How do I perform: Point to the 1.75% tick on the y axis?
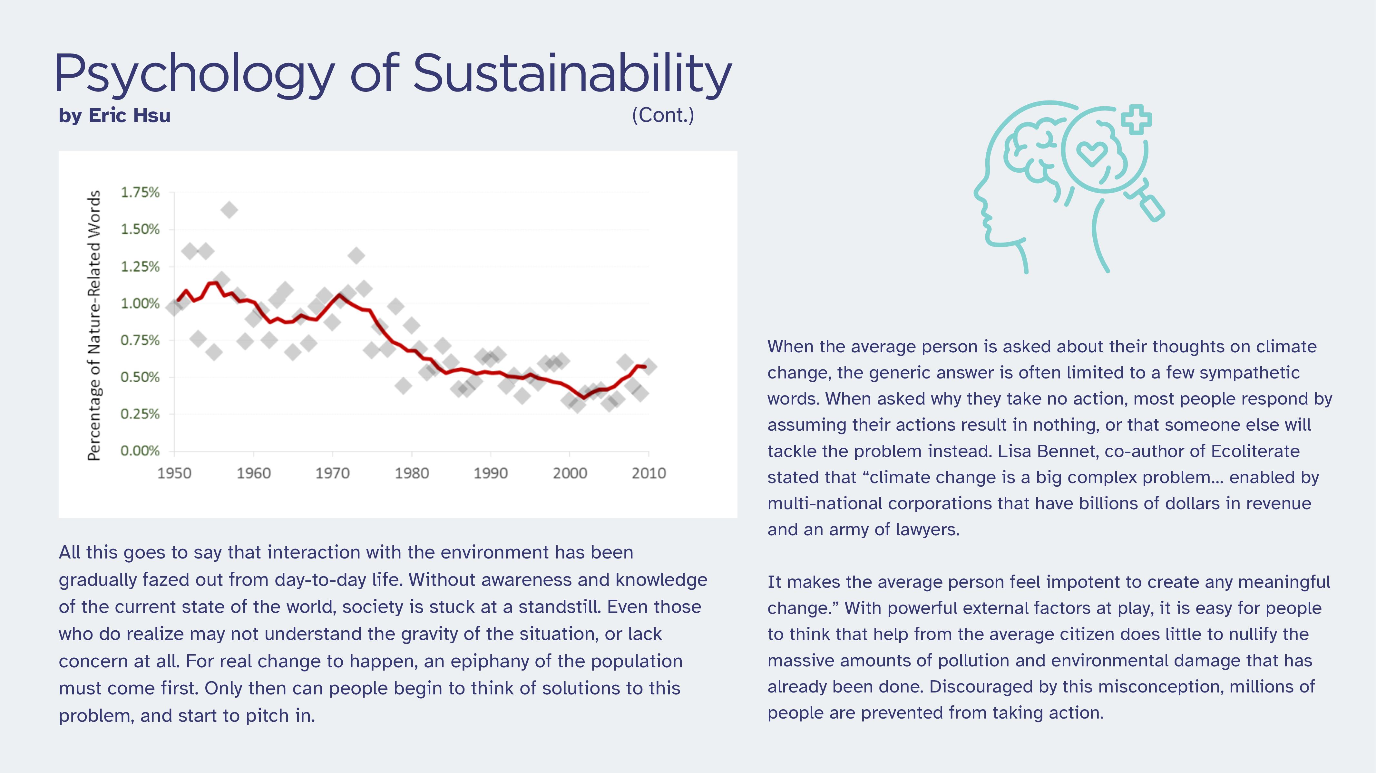(140, 192)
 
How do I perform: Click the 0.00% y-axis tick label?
(140, 451)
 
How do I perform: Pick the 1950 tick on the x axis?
(174, 473)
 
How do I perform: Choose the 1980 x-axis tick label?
(411, 473)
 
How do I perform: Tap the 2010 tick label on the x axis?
(649, 473)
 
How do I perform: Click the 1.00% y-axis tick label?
(140, 304)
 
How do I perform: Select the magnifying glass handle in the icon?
(1151, 207)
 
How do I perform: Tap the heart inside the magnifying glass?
(1091, 154)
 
